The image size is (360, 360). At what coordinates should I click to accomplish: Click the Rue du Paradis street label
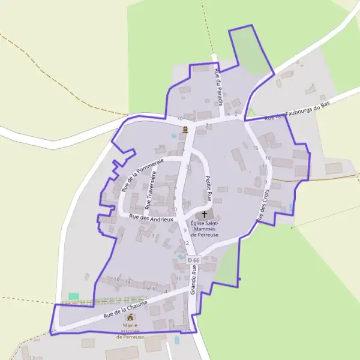[218, 87]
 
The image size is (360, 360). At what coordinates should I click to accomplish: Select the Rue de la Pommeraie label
[142, 175]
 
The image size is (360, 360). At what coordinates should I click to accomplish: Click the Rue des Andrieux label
[151, 218]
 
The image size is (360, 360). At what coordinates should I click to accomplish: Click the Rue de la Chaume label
[125, 308]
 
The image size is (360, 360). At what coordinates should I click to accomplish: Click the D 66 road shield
[193, 260]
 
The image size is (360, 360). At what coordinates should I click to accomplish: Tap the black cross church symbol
[204, 214]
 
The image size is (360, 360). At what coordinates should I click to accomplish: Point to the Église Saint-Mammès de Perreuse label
[205, 229]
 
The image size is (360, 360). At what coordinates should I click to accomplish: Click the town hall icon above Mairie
[130, 316]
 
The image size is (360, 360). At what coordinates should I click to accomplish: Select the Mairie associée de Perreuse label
[130, 331]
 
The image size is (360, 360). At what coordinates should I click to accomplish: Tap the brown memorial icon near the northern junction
[185, 130]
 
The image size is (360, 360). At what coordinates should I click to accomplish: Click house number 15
[255, 148]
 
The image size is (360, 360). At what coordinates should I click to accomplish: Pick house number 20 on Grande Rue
[187, 329]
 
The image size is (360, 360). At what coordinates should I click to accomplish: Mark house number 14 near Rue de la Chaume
[127, 281]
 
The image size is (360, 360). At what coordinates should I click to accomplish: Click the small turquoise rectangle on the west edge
[74, 296]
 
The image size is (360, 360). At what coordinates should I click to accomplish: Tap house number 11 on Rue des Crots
[264, 166]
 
